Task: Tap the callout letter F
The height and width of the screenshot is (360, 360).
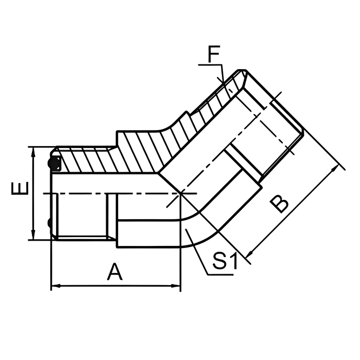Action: coord(213,54)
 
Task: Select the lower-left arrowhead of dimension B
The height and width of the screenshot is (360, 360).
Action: coord(248,255)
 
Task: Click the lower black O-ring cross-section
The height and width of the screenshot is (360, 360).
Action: coord(49,224)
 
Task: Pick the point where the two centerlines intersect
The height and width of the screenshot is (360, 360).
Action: coord(180,193)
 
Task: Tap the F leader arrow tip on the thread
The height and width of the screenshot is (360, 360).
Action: coord(223,82)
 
